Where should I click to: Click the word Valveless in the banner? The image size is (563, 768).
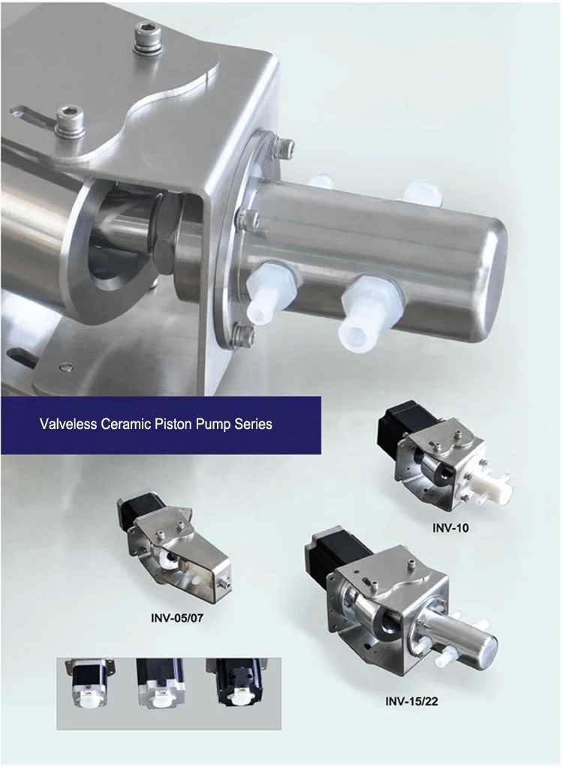click(x=68, y=424)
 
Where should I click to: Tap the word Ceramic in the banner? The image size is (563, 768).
click(x=127, y=424)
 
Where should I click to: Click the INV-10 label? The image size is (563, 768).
click(x=450, y=528)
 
